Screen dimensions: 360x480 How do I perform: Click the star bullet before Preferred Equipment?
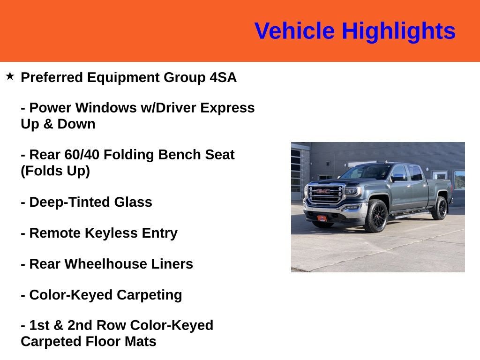pos(10,75)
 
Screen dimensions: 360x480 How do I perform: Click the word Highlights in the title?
pos(398,31)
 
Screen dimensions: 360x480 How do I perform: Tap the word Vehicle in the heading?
pos(294,31)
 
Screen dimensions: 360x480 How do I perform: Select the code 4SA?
pos(223,77)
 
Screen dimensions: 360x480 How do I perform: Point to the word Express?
pos(227,108)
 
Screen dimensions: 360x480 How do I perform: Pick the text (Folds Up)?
pos(55,171)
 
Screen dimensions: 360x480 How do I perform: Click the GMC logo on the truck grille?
pos(323,191)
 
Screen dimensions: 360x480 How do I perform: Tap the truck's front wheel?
pos(376,216)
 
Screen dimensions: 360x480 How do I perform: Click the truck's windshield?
pos(367,172)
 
